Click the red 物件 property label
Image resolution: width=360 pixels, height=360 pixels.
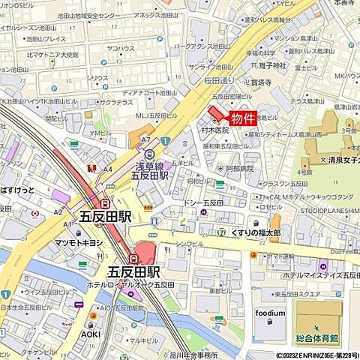242,118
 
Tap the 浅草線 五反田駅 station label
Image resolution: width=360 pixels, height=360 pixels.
149,170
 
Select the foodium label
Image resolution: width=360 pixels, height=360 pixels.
270,313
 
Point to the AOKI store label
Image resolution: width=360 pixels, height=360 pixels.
91,334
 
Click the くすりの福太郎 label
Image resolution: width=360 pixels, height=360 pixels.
250,233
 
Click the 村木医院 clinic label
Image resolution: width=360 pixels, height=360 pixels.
215,130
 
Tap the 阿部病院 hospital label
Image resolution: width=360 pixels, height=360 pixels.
240,169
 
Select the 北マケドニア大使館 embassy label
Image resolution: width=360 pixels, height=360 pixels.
52,54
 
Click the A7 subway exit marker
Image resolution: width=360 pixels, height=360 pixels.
144,140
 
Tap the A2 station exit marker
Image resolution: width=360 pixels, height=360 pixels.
58,212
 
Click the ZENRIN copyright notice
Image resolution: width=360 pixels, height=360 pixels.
316,355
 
